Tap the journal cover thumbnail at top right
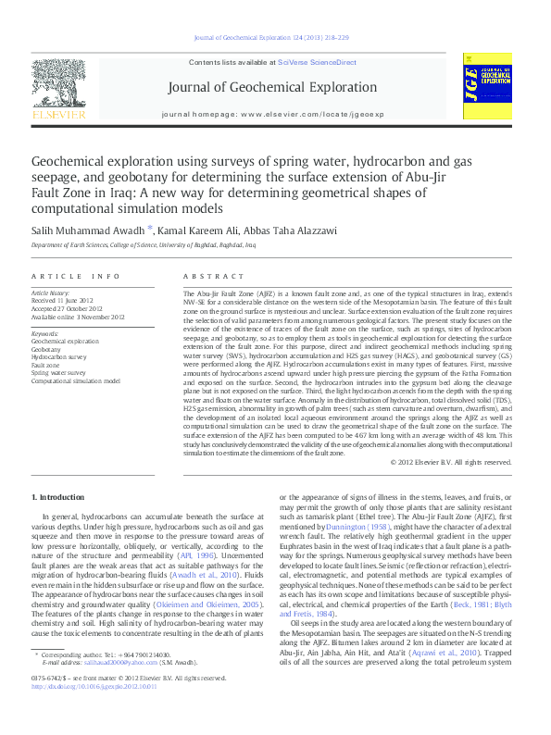coord(488,88)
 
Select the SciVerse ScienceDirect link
coord(317,62)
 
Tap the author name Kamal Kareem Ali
coord(180,230)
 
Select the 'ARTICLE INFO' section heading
coord(76,277)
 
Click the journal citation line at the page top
coord(271,37)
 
